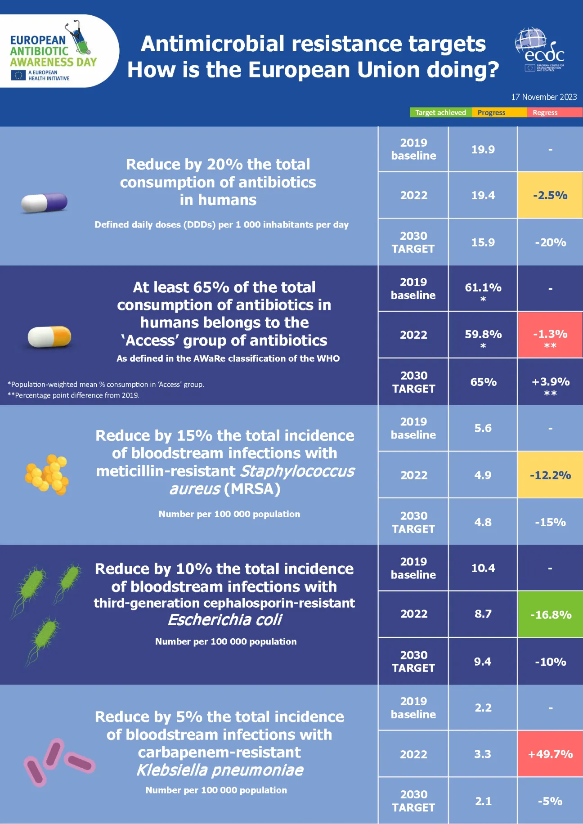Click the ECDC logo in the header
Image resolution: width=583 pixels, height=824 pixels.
[540, 50]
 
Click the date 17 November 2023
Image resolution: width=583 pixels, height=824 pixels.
[543, 97]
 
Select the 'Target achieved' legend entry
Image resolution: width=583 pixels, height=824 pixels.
[440, 112]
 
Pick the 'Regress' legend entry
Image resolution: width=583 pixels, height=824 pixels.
[545, 112]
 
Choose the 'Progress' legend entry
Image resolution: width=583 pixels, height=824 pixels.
[491, 112]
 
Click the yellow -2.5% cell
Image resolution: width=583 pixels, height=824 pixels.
[550, 195]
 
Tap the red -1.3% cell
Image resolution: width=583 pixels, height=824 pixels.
[550, 335]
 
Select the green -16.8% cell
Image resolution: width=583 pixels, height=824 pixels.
[550, 614]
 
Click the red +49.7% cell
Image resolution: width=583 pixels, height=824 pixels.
[550, 754]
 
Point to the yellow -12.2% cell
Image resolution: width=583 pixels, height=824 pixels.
[550, 475]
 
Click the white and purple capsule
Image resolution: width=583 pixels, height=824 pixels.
[44, 202]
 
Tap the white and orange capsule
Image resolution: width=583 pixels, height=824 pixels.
[49, 336]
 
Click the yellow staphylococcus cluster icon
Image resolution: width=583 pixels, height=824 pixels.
[47, 474]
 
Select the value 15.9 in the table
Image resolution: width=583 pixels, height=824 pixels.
[483, 242]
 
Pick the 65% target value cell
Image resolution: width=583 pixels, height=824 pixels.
[483, 382]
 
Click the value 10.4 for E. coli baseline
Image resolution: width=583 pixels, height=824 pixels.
[483, 568]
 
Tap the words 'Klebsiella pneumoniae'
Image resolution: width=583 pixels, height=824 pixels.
[220, 770]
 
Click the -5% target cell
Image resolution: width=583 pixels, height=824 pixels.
[550, 801]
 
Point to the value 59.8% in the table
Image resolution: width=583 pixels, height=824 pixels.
[483, 335]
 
